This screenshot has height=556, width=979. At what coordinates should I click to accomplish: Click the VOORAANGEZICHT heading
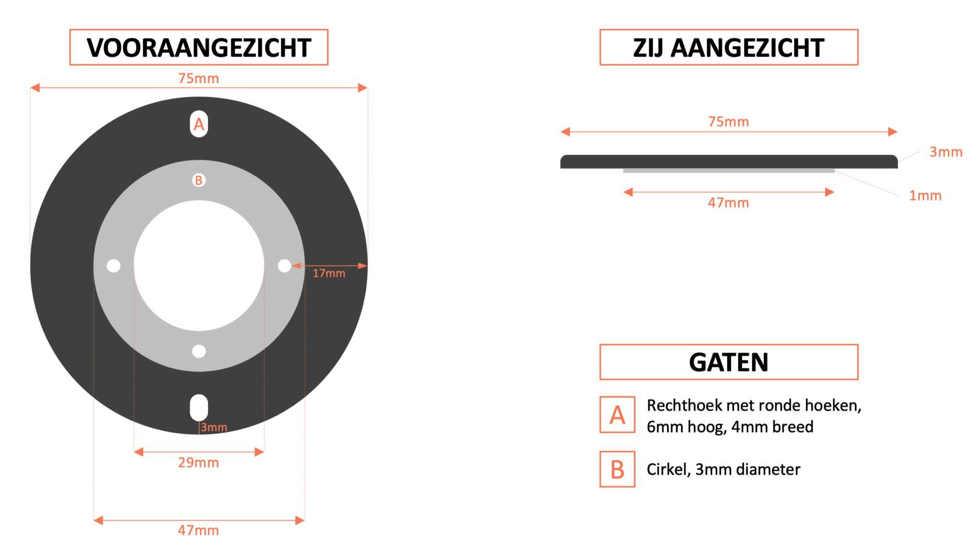coord(199,47)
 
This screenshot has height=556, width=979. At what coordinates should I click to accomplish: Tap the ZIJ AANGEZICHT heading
coord(729,47)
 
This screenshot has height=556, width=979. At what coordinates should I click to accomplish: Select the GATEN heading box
coord(729,362)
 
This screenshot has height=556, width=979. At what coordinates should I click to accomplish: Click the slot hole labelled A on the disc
coord(199,124)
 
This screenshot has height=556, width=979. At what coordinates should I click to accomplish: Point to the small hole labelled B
coord(199,180)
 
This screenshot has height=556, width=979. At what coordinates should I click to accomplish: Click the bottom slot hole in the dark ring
coord(199,408)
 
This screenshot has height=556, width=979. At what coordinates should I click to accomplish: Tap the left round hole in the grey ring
coord(113,266)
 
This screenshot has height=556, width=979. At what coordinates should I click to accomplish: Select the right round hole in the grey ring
coord(284,266)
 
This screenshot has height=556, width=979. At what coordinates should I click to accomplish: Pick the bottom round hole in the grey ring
coord(199,351)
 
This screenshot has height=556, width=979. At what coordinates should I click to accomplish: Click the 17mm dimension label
coord(329,273)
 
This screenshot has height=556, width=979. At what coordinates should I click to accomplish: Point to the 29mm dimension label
coord(199,463)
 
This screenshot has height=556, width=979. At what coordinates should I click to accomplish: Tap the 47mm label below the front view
coord(199,530)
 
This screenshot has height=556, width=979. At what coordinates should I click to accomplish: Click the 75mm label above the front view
coord(199,78)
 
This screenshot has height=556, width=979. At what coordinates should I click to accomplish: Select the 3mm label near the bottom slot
coord(214,427)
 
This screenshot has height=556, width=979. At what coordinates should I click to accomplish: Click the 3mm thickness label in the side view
coord(946,152)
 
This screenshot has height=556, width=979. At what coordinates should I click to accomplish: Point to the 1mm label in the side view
coord(925,196)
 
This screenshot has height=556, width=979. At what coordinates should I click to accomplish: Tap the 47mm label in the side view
coord(729,203)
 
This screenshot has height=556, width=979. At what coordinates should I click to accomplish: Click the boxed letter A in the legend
coord(618,415)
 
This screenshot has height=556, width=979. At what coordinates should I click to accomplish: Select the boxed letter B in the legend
coord(618,469)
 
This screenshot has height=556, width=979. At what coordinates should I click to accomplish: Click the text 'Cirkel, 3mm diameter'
coord(724,469)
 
